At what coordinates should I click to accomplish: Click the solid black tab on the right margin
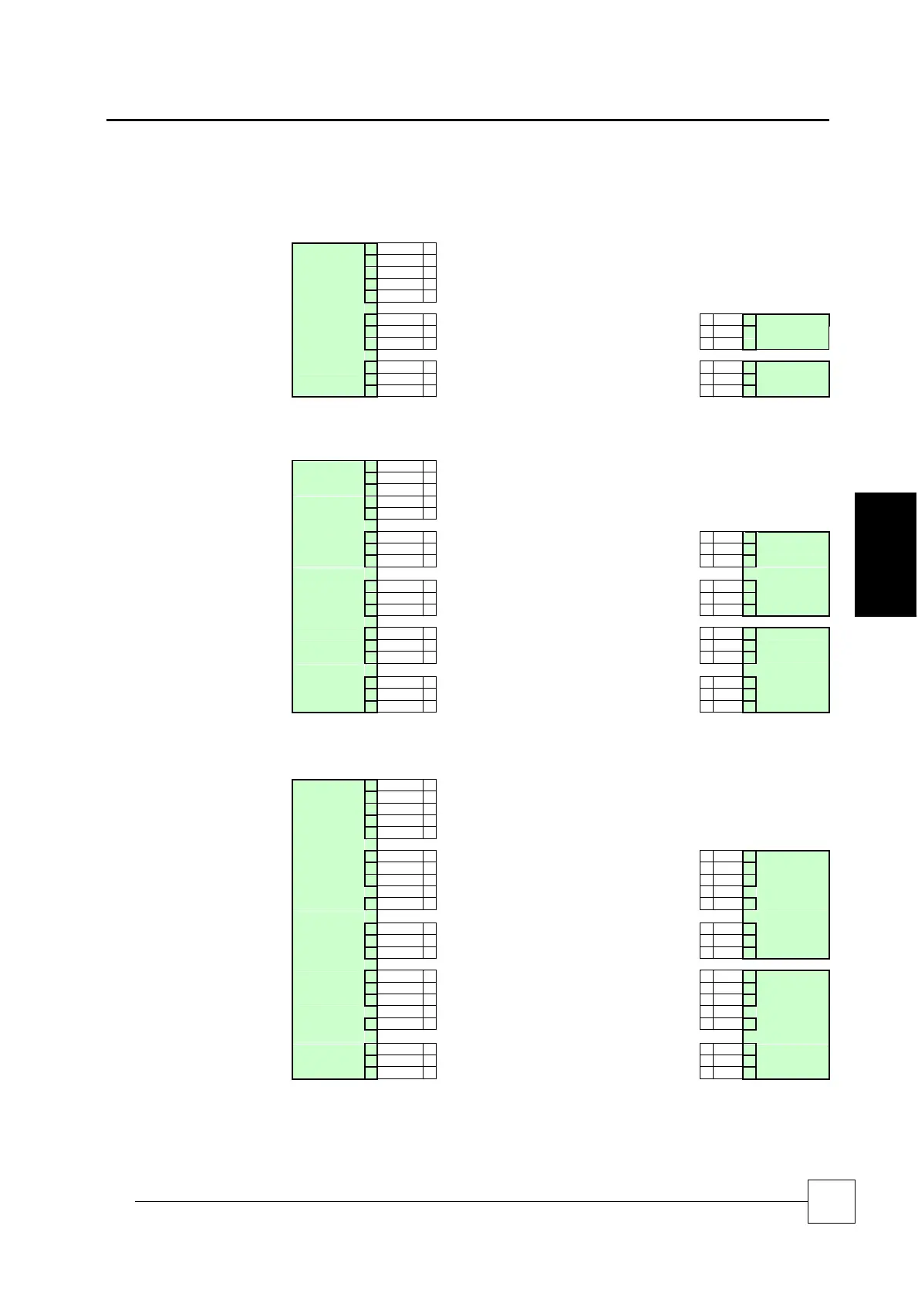click(x=885, y=554)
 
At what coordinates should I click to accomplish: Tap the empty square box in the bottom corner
click(x=831, y=1201)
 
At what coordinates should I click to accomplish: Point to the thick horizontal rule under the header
click(x=467, y=120)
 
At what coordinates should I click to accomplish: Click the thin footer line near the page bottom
click(x=471, y=1201)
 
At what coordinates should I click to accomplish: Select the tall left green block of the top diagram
click(x=328, y=320)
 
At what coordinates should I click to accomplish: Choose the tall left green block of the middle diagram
click(x=328, y=586)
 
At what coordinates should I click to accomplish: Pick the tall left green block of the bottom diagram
click(x=328, y=929)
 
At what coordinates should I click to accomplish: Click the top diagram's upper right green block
click(x=792, y=332)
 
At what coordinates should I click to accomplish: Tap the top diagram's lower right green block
click(x=792, y=379)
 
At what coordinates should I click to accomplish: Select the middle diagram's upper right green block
click(x=792, y=574)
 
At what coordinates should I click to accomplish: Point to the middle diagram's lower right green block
click(x=792, y=669)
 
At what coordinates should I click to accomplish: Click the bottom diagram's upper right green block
click(x=792, y=904)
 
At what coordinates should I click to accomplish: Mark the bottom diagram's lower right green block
click(x=792, y=1024)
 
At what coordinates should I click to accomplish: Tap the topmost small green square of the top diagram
click(x=371, y=249)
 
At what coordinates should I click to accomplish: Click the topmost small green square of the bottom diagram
click(x=371, y=786)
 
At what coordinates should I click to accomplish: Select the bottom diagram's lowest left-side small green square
click(x=371, y=1072)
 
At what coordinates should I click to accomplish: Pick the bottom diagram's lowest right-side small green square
click(x=749, y=1072)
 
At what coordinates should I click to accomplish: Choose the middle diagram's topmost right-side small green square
click(x=749, y=537)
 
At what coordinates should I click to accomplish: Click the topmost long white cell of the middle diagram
click(x=400, y=466)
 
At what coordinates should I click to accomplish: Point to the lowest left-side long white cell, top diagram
click(x=400, y=391)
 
